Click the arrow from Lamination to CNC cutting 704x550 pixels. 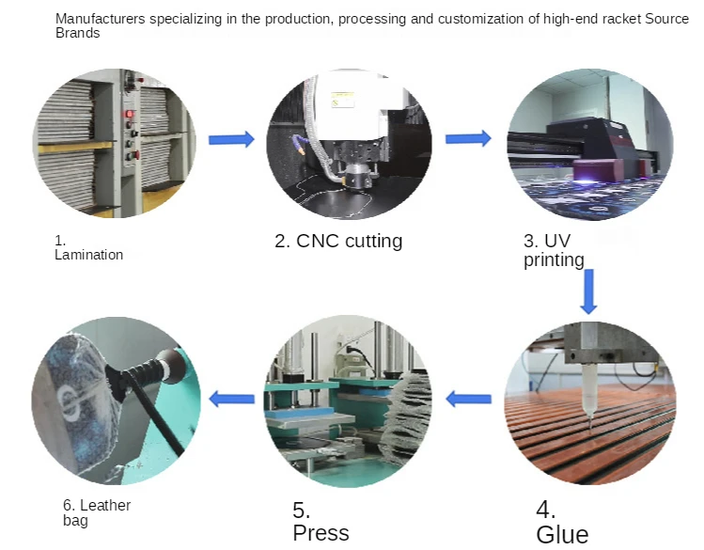231,140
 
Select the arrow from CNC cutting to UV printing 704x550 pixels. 468,139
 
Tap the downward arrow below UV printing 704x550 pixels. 589,292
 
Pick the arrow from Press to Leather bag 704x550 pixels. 231,399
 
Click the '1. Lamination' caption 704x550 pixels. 88,248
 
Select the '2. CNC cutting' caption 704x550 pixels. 338,242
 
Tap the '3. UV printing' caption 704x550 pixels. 555,250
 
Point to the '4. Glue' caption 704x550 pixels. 562,523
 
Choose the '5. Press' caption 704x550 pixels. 321,523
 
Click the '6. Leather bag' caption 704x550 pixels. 97,512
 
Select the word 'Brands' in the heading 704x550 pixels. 78,33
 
